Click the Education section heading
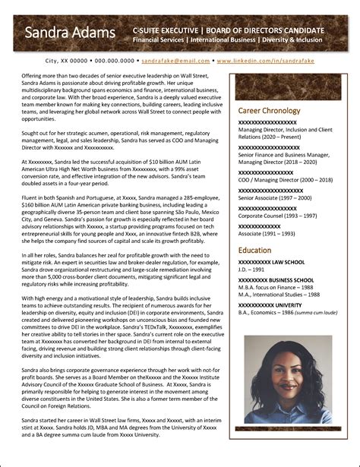click(x=254, y=250)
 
